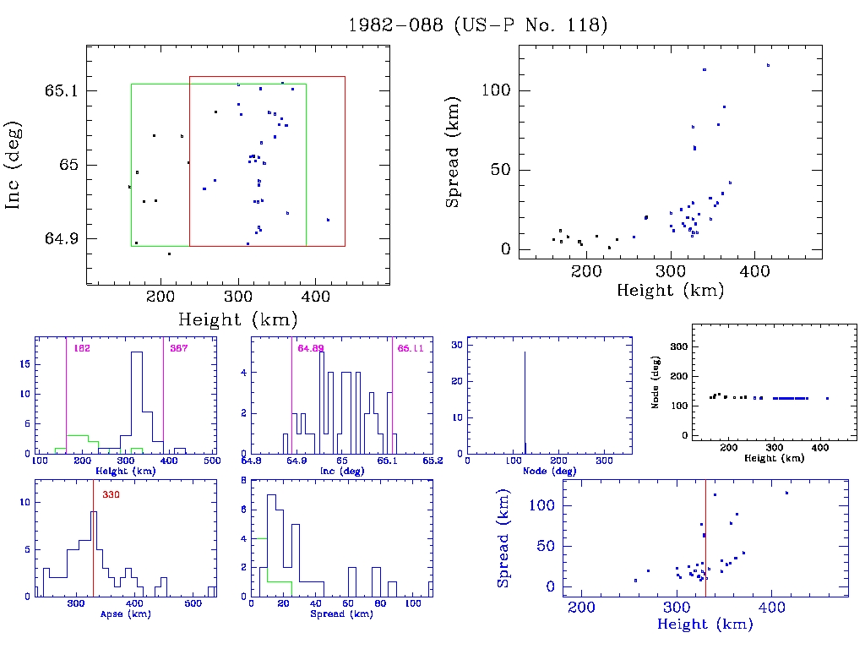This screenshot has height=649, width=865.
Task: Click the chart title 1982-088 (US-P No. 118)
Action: pos(478,25)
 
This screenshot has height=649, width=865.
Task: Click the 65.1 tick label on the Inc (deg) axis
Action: pos(61,90)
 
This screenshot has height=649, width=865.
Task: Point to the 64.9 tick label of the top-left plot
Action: pos(61,239)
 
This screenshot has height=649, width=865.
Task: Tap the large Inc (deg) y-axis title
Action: pos(14,166)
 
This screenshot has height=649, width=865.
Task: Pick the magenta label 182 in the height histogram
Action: pos(82,348)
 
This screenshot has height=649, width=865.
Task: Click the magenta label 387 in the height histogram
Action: pos(179,348)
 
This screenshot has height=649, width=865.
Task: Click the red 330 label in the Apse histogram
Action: pos(112,495)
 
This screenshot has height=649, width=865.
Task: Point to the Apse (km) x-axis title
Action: pos(126,614)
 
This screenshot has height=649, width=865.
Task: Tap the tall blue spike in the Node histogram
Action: pos(525,397)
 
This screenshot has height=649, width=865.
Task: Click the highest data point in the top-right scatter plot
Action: pos(768,65)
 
